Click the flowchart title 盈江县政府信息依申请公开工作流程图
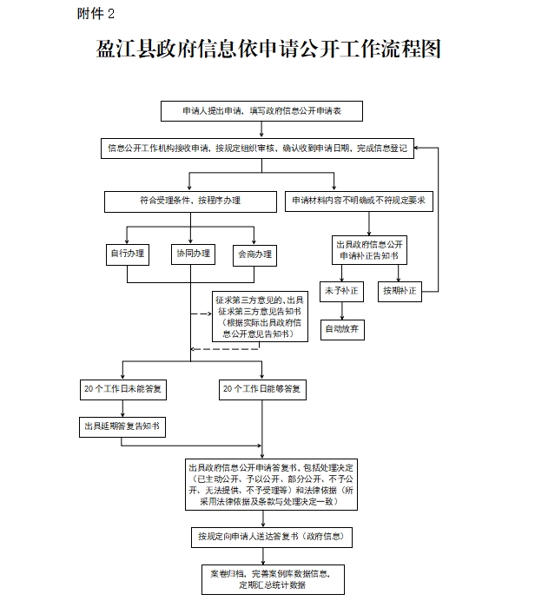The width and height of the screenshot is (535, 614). pos(267,50)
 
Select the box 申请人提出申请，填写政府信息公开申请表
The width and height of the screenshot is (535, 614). pos(261,111)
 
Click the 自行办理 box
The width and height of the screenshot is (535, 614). pos(128,254)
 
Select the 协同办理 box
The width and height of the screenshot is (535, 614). pos(193,254)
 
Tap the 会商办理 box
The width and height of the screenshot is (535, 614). pos(254,254)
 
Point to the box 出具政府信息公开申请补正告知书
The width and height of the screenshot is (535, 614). pos(369,250)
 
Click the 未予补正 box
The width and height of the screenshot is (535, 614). pos(342,291)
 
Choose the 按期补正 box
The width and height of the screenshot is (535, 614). pos(400,291)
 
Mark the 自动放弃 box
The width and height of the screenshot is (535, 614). pos(342,329)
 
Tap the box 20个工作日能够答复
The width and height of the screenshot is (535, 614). pos(261,390)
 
